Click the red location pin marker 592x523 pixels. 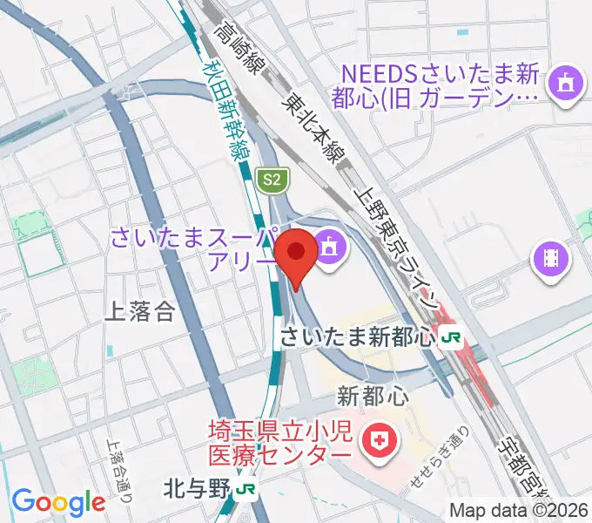pyautogui.click(x=297, y=254)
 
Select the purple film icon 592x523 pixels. pyautogui.click(x=551, y=257)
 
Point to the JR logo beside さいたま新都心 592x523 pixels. pyautogui.click(x=450, y=336)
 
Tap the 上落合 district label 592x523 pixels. pyautogui.click(x=138, y=312)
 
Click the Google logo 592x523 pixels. pyautogui.click(x=58, y=501)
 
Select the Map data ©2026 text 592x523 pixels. pyautogui.click(x=518, y=511)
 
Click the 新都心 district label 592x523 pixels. pyautogui.click(x=373, y=397)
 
